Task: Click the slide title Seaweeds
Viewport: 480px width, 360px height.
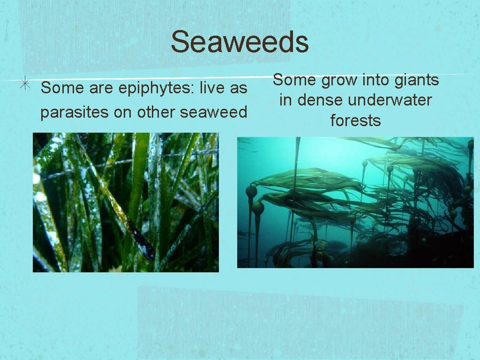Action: pyautogui.click(x=240, y=42)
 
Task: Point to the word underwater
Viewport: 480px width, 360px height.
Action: pyautogui.click(x=394, y=100)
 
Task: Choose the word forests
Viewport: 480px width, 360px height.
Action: pyautogui.click(x=355, y=120)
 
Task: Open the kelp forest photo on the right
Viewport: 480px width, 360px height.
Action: pyautogui.click(x=355, y=202)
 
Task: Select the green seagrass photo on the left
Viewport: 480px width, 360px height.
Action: pyautogui.click(x=126, y=202)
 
